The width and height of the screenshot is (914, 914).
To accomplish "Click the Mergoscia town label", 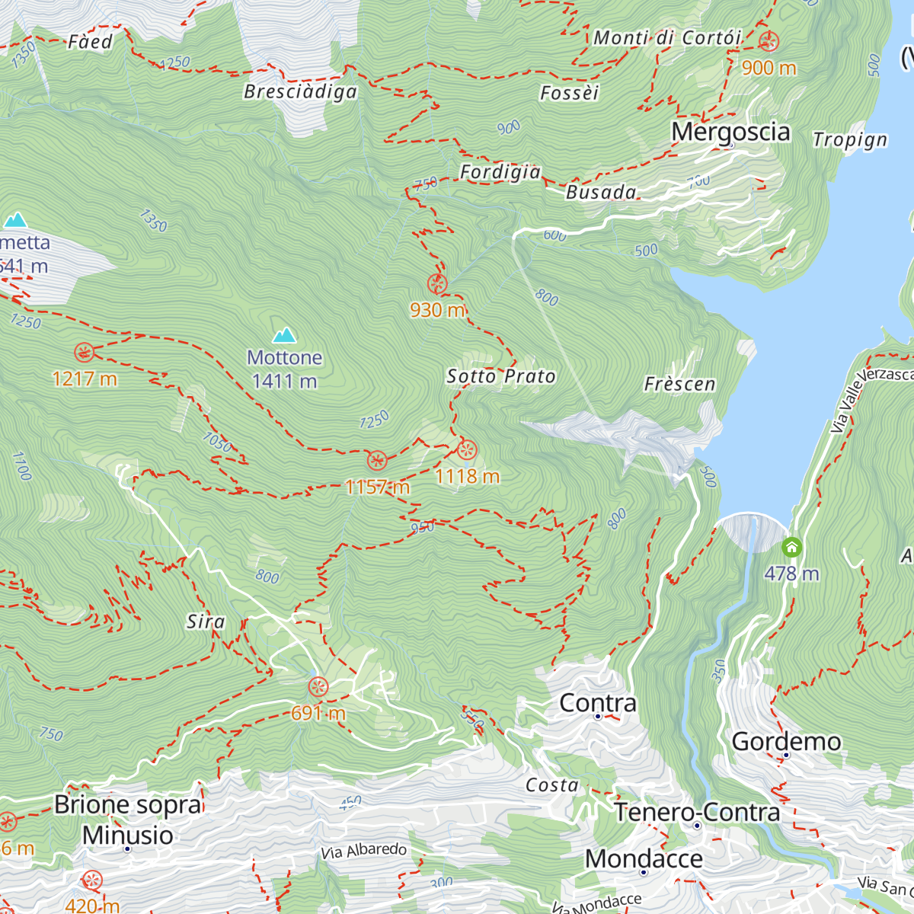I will point(730,132).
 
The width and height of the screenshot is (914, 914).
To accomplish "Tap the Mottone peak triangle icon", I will point(284,335).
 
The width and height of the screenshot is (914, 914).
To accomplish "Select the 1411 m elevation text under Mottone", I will point(284,381).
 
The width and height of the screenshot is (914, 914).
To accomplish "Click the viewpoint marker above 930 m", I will point(436,284).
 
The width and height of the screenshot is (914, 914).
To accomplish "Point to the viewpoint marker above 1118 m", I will point(467,449).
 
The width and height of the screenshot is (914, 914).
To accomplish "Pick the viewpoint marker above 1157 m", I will point(376,460).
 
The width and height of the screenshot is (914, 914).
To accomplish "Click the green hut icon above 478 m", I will point(792,547).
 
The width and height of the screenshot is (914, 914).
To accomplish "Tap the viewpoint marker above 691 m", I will point(318,687).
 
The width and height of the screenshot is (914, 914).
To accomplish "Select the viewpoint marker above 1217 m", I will point(84,352).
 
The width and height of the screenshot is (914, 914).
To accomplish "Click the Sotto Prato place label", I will point(501,376).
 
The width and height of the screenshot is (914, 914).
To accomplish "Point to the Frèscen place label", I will point(679,384).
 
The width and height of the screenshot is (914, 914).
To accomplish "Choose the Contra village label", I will point(598,703).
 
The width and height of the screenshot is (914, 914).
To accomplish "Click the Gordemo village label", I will point(786,741).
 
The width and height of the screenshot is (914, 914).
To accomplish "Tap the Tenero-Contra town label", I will point(697,813).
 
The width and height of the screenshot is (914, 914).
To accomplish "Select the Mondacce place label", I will point(644,859).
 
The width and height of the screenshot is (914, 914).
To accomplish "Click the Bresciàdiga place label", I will point(300,92).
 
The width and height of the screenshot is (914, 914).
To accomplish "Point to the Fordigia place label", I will point(500,172).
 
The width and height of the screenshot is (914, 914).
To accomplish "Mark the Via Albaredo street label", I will point(364,851).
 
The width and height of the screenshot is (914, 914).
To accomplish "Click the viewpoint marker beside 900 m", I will point(769,41).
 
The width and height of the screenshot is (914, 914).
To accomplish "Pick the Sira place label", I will point(206,622).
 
